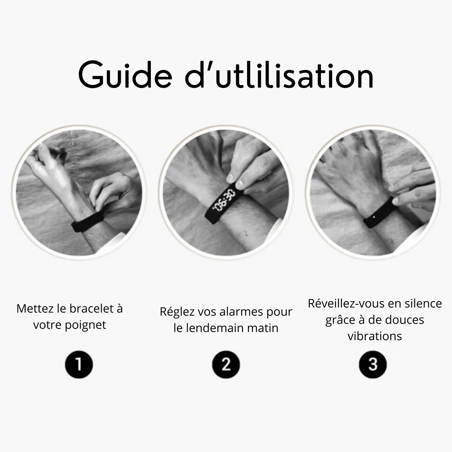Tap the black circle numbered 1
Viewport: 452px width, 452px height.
pyautogui.click(x=79, y=365)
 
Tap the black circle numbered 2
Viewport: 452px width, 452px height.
pyautogui.click(x=226, y=365)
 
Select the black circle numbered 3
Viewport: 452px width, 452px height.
pyautogui.click(x=373, y=365)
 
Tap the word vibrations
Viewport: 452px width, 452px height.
pyautogui.click(x=375, y=336)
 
